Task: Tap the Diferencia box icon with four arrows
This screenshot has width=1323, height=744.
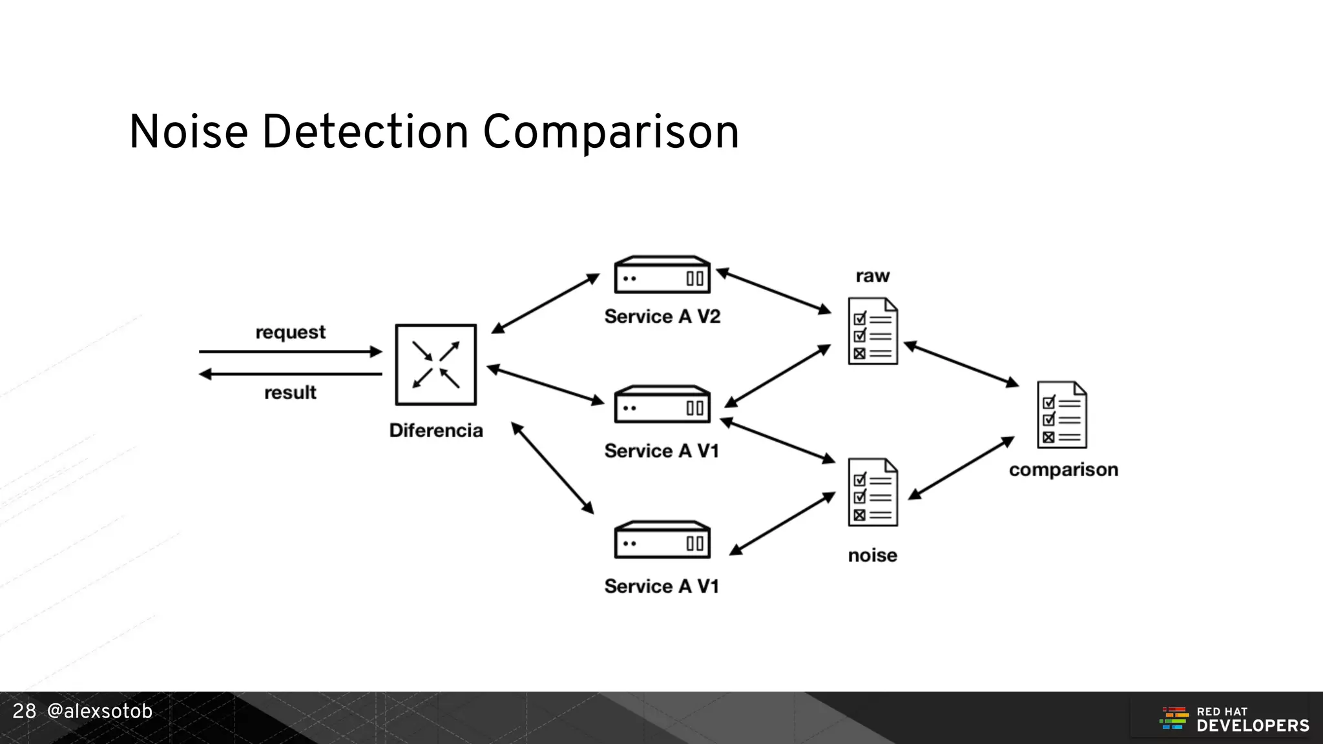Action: point(436,365)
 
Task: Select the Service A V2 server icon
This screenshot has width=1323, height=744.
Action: point(662,275)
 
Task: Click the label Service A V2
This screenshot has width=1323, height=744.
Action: point(662,316)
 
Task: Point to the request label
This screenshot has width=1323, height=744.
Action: point(290,333)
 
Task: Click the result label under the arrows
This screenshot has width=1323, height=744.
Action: point(290,393)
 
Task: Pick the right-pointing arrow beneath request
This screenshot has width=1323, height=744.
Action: point(290,352)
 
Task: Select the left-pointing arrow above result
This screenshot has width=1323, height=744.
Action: point(290,374)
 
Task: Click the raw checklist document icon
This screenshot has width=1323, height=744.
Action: point(873,331)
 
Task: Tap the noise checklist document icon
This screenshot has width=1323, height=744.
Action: point(873,493)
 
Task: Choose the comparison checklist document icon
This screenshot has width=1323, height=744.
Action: point(1062,415)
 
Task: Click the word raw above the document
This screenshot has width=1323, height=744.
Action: point(873,276)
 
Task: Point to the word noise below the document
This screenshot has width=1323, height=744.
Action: point(873,555)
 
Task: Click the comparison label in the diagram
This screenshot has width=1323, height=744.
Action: point(1063,470)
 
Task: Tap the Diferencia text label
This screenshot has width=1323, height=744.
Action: point(436,431)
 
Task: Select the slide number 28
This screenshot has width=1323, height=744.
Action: point(25,712)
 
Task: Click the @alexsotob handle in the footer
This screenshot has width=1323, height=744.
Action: point(99,712)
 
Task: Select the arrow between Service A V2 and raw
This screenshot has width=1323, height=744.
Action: point(774,291)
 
